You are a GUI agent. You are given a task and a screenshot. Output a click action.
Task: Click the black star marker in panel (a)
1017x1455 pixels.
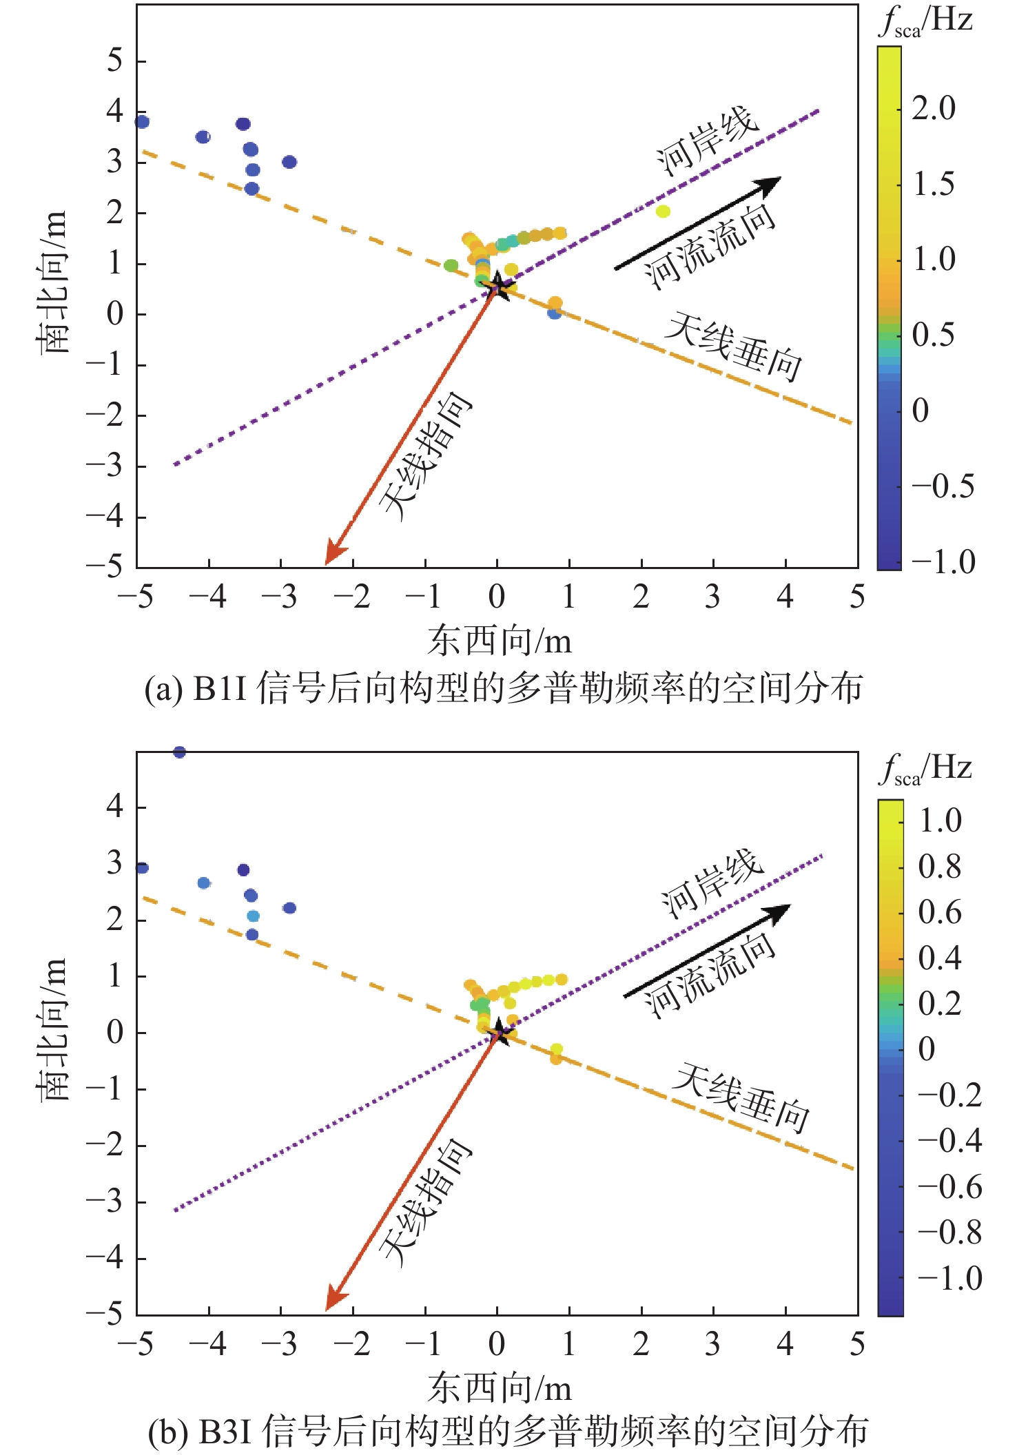(498, 287)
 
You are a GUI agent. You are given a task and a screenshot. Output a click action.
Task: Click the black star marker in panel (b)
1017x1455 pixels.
(500, 1033)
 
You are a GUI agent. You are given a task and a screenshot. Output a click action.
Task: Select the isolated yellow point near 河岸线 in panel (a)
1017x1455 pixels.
(663, 211)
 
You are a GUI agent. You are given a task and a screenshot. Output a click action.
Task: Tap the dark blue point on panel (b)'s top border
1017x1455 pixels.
(179, 752)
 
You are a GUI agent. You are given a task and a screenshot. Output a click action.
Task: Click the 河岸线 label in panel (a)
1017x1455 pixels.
(707, 141)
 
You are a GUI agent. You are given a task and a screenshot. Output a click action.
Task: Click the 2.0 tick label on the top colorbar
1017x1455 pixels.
(934, 108)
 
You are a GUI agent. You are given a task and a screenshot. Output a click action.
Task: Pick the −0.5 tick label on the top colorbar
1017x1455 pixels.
(943, 486)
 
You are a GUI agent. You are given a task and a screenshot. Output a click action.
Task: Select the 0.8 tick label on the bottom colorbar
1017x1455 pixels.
(940, 866)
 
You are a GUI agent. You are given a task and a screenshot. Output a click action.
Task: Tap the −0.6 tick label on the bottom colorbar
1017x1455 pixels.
(949, 1186)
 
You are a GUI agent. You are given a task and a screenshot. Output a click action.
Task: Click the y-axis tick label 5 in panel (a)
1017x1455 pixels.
(114, 61)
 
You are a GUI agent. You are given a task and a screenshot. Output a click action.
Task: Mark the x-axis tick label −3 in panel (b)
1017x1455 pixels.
(279, 1344)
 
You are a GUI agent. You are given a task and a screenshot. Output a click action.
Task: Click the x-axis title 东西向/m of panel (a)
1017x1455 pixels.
(500, 641)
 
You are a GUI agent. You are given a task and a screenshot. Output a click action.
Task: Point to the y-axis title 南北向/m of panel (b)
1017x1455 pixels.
(54, 1030)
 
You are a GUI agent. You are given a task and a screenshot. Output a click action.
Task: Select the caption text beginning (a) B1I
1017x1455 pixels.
(503, 689)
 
